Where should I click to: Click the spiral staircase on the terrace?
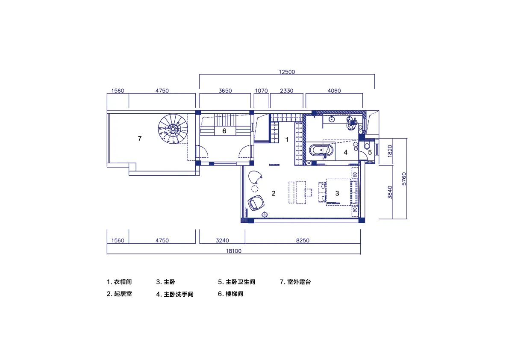pos(173,129)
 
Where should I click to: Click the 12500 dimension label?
pos(287,72)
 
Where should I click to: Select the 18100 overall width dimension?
pos(234,251)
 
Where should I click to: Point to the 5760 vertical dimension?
pos(404,179)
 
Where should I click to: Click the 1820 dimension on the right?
pos(390,151)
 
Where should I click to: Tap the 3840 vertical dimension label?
pos(390,192)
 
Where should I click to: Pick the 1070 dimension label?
pos(261,91)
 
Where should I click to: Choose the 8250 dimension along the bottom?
pos(303,241)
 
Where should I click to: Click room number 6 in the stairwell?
pos(224,131)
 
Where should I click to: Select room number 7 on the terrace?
pos(140,139)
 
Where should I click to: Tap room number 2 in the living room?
pos(274,194)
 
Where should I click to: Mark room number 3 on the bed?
pos(337,194)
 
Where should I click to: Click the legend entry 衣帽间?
pos(123,282)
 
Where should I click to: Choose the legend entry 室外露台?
pos(299,282)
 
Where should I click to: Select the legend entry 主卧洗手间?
pos(179,294)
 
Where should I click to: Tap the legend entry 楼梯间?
pos(234,294)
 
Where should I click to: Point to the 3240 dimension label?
pos(222,241)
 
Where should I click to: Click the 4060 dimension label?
pos(334,91)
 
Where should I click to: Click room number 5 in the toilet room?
pos(370,152)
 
